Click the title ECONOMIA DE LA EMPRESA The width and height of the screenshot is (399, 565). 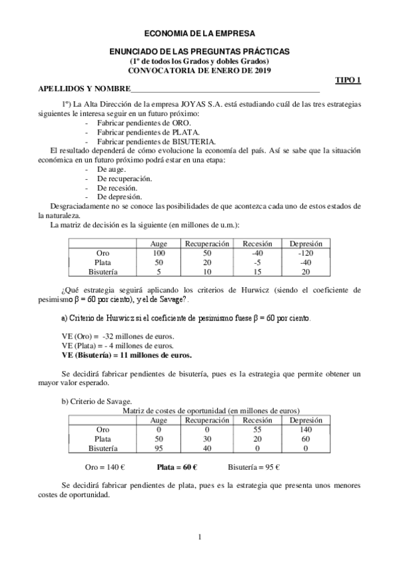[x=199, y=32]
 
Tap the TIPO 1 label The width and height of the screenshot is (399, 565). [x=347, y=79]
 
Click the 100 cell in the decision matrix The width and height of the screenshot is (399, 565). [x=159, y=253]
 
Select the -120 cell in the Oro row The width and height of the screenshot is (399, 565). [x=306, y=253]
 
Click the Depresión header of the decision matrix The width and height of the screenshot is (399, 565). [x=306, y=244]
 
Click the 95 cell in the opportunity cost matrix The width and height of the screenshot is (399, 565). [x=159, y=448]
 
